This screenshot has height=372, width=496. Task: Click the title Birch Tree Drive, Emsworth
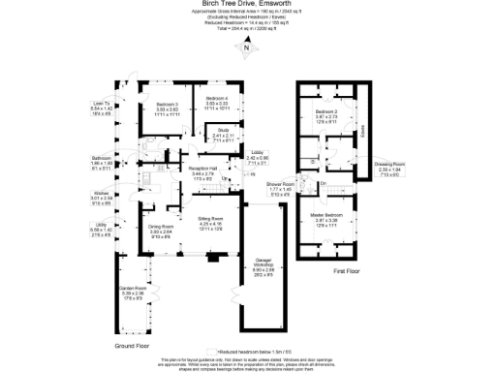[x=247, y=4]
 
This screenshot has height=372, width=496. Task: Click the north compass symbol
[x=248, y=47]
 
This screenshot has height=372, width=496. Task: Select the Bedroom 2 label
[x=325, y=112]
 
